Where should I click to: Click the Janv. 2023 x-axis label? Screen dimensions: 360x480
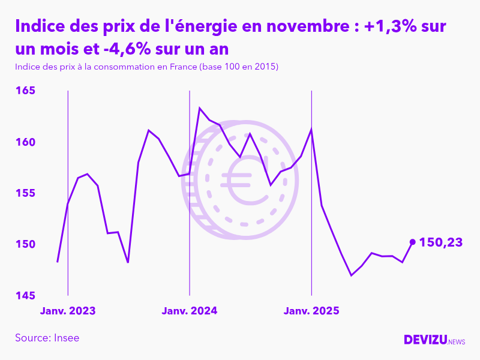pyautogui.click(x=68, y=311)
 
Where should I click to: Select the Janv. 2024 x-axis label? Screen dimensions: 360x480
pyautogui.click(x=190, y=311)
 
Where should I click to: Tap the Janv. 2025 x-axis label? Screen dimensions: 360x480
pyautogui.click(x=311, y=311)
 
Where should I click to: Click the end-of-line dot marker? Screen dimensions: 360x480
pyautogui.click(x=412, y=242)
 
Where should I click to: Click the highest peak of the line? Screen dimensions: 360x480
pyautogui.click(x=200, y=108)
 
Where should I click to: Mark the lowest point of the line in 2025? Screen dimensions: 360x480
pyautogui.click(x=351, y=275)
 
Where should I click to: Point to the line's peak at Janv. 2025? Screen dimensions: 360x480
pyautogui.click(x=311, y=129)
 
